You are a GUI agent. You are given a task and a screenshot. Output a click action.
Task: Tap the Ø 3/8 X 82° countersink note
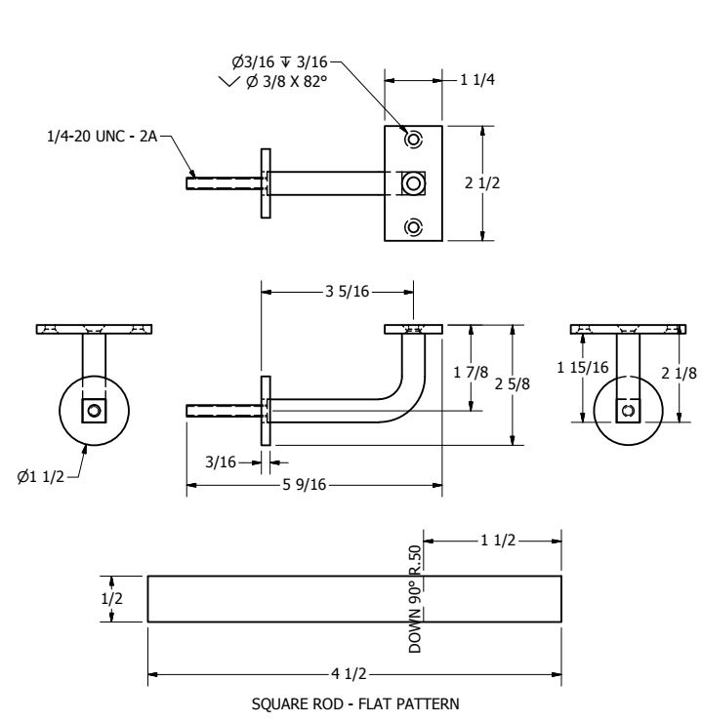284,80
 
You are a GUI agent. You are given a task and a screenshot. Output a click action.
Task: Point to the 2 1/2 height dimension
504,183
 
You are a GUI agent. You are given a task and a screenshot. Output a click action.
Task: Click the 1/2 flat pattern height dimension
113,598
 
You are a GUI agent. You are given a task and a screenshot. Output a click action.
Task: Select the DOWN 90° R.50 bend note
416,598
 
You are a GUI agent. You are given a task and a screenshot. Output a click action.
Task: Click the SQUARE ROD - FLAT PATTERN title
353,702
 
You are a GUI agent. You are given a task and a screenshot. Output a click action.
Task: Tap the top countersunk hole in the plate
414,140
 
